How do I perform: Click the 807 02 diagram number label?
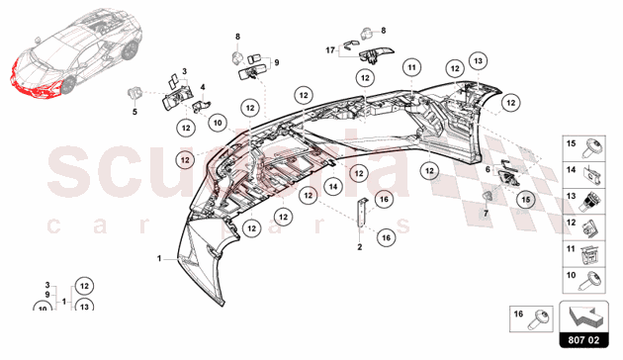click(583, 340)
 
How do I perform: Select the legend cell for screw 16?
click(531, 318)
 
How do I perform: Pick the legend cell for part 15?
click(584, 148)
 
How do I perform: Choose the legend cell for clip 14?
click(584, 175)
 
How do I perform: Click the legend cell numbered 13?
click(584, 201)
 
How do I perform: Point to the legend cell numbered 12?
click(584, 227)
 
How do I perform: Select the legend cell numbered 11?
click(584, 253)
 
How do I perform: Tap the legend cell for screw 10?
click(584, 280)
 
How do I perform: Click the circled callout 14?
click(333, 186)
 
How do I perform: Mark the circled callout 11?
click(411, 67)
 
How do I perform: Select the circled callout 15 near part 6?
click(526, 200)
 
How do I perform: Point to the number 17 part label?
click(330, 50)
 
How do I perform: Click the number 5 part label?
click(134, 112)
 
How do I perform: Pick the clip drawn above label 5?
click(134, 93)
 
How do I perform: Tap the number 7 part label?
click(486, 214)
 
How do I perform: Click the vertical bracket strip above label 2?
click(361, 213)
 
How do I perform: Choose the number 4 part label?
click(203, 87)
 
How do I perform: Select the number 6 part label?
click(488, 170)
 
